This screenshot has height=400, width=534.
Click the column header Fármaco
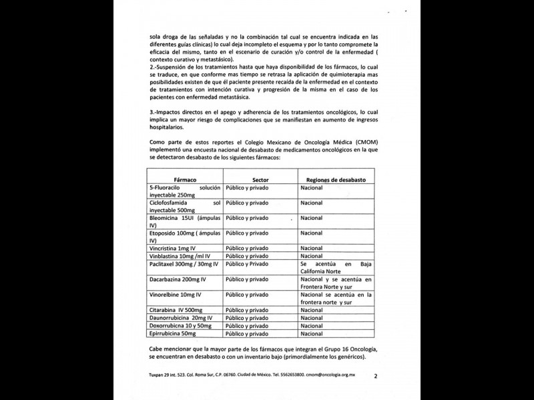[184, 180]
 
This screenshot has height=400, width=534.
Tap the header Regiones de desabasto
[340, 180]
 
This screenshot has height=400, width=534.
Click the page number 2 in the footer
[376, 376]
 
